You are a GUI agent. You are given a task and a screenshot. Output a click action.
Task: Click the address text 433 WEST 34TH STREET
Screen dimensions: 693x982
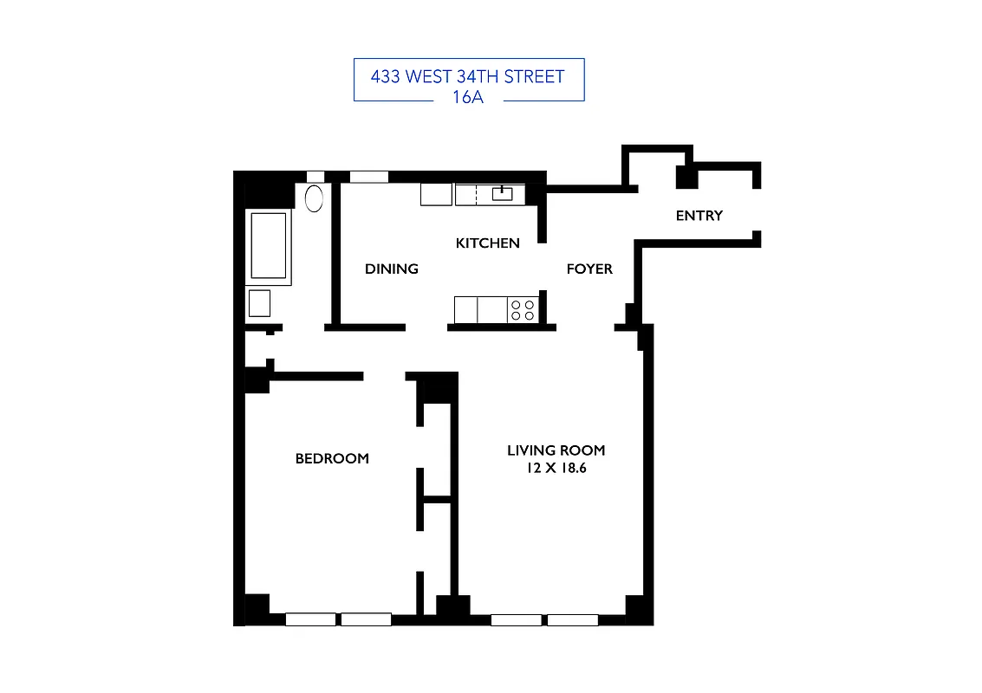pos(467,76)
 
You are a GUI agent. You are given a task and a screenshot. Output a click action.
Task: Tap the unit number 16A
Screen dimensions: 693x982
pos(467,97)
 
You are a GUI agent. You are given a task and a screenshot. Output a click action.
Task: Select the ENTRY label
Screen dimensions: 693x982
pos(699,216)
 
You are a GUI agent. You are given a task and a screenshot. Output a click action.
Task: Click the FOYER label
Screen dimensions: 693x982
pos(589,269)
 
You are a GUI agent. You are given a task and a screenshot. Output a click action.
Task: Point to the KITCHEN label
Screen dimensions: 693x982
pos(487,243)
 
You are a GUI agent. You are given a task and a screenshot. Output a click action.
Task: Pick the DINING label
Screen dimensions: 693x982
pos(391,269)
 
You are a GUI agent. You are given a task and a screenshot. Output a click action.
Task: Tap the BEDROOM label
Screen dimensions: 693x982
pos(332,459)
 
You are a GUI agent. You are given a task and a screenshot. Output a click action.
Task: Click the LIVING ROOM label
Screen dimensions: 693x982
pos(556,450)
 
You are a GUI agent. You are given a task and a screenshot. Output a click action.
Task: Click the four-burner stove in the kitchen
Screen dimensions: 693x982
pos(523,309)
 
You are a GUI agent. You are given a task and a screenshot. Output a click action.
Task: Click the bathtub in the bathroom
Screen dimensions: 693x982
pos(269,245)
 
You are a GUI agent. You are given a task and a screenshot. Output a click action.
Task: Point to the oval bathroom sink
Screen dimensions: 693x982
pos(314,198)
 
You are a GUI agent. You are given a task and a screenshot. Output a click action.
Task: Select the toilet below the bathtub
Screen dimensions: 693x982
pos(259,303)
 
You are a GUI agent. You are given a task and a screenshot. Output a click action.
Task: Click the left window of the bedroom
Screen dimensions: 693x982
pos(310,619)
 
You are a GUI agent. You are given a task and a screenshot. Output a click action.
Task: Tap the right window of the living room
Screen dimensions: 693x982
pos(573,619)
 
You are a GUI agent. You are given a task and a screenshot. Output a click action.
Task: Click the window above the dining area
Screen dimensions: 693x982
pos(368,177)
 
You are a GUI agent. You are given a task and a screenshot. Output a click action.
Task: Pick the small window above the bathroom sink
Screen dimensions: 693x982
pos(315,177)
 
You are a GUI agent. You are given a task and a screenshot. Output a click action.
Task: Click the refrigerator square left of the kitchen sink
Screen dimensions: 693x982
pos(436,194)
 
